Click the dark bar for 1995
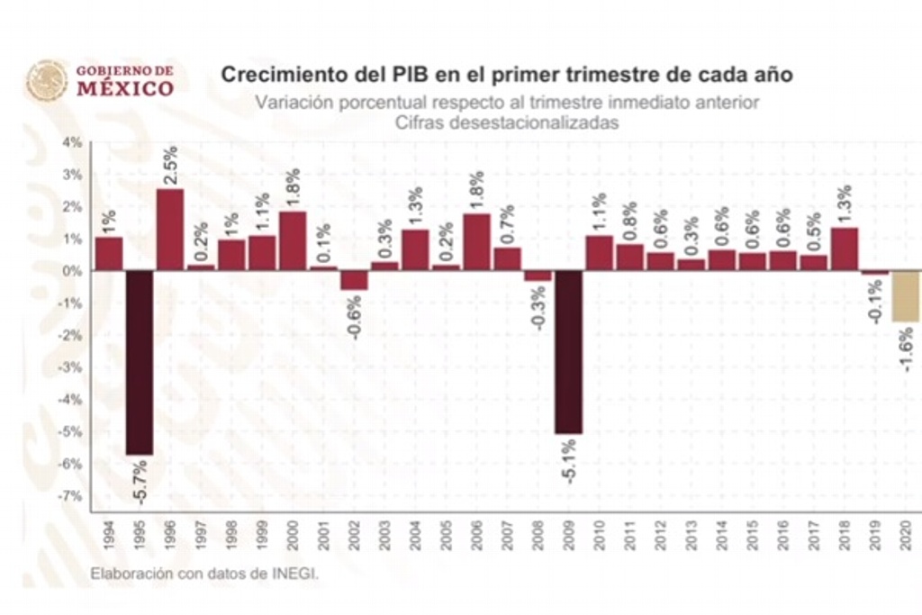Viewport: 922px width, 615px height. pyautogui.click(x=140, y=362)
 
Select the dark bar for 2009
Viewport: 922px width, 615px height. pyautogui.click(x=568, y=352)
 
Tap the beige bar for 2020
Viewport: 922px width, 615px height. pyautogui.click(x=907, y=296)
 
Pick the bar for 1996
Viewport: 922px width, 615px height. pyautogui.click(x=170, y=230)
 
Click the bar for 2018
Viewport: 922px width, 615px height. pyautogui.click(x=845, y=249)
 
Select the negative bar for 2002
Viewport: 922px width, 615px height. pyautogui.click(x=354, y=280)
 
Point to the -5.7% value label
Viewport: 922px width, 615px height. pyautogui.click(x=141, y=480)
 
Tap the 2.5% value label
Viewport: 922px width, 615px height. pyautogui.click(x=170, y=165)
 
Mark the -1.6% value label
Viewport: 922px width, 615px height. pyautogui.click(x=906, y=349)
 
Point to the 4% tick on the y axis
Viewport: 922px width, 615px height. pyautogui.click(x=72, y=142)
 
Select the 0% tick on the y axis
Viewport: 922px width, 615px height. pyautogui.click(x=72, y=271)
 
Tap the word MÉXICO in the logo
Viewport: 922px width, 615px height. pyautogui.click(x=124, y=88)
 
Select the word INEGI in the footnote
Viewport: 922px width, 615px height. pyautogui.click(x=296, y=572)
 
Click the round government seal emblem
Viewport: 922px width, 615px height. pyautogui.click(x=47, y=81)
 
